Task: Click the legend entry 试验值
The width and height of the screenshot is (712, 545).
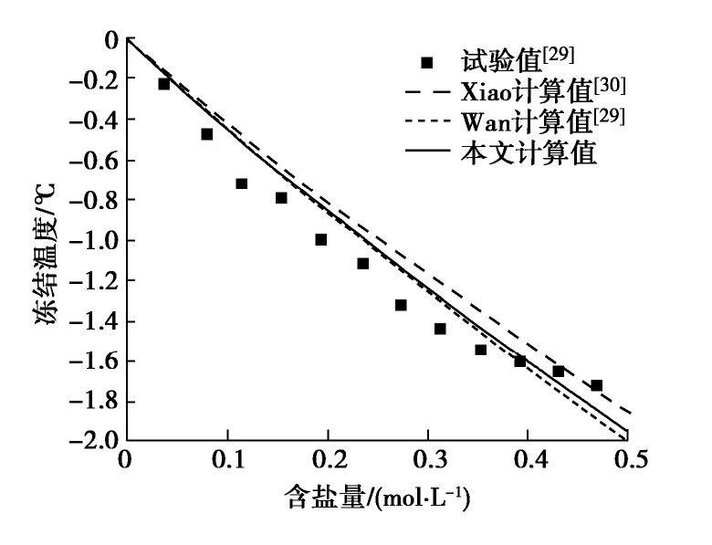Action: [x=497, y=63]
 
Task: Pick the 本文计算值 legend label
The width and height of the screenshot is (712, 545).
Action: [x=529, y=152]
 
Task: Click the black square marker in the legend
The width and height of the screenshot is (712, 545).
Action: [x=427, y=63]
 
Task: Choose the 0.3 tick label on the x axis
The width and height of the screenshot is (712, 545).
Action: [x=427, y=461]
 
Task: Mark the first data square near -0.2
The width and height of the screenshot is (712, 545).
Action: [x=164, y=84]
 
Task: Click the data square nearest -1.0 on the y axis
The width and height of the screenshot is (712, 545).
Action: [x=321, y=240]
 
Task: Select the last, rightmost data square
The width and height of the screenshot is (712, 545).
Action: [x=597, y=385]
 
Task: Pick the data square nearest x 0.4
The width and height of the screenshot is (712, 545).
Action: [x=520, y=361]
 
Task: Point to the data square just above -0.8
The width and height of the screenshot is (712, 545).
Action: [x=281, y=198]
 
